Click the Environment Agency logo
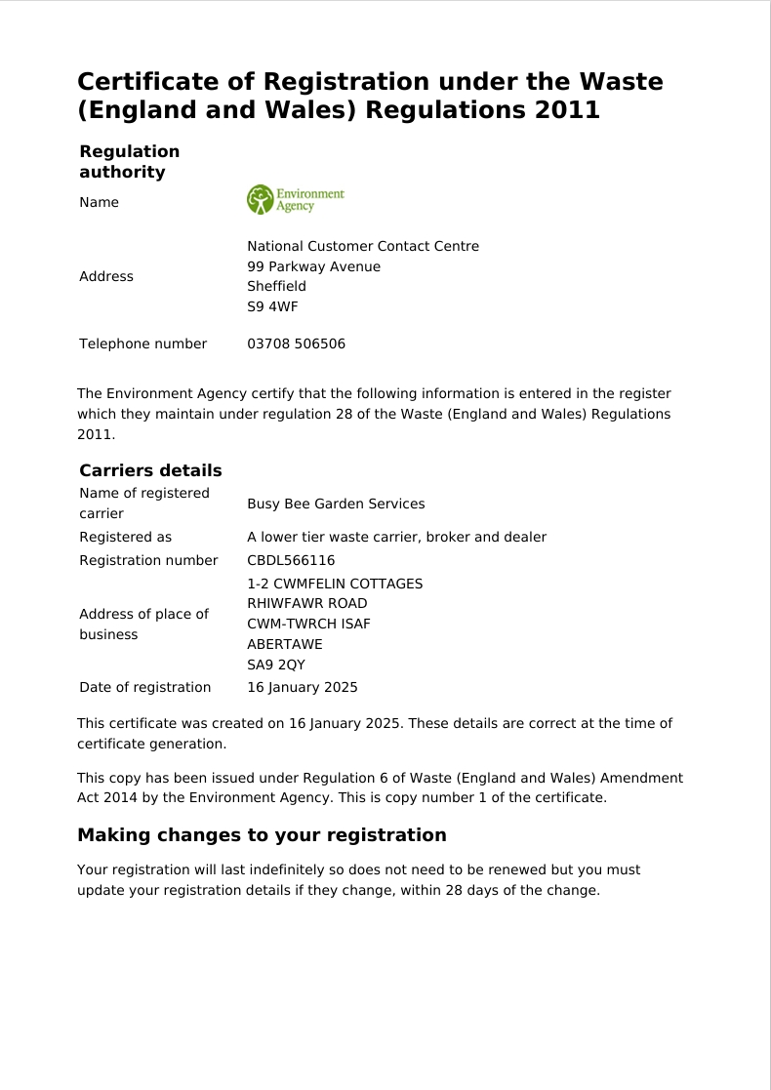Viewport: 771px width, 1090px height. [x=295, y=199]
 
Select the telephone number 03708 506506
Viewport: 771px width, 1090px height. [x=296, y=344]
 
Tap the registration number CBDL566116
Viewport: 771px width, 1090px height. [x=291, y=561]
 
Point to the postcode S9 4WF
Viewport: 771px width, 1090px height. [x=272, y=307]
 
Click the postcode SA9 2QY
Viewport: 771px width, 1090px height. [x=276, y=666]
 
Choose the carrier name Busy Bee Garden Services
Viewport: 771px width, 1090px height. [x=336, y=505]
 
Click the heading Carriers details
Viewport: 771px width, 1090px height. [x=150, y=470]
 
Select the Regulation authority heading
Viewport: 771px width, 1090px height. [x=129, y=162]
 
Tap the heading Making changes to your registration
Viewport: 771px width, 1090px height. [x=262, y=835]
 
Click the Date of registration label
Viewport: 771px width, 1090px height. [x=144, y=688]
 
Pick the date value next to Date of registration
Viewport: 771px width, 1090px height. [x=303, y=688]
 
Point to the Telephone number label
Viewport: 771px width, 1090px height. [x=142, y=344]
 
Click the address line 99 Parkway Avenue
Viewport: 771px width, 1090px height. [x=313, y=267]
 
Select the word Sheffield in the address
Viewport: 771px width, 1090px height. [x=276, y=287]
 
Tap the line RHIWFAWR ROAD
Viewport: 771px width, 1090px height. [x=307, y=604]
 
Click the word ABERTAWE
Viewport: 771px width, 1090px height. [x=285, y=645]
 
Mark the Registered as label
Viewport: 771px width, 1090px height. [x=125, y=538]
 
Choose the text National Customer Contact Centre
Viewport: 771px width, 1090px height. [x=363, y=247]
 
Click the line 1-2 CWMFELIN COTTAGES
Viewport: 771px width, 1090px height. [x=335, y=585]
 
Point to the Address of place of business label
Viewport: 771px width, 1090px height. [x=143, y=625]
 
